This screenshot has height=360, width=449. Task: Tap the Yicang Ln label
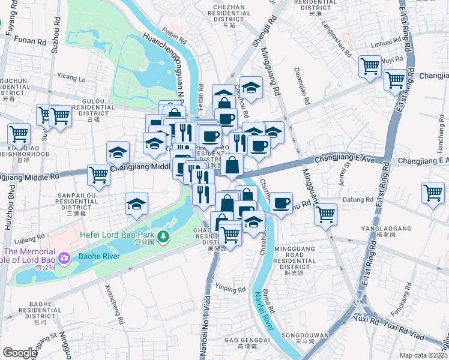click(71, 77)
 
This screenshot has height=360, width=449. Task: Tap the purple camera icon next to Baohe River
click(64, 257)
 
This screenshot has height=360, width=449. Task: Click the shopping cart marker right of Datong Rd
click(433, 193)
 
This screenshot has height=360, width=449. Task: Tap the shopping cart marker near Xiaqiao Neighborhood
click(19, 133)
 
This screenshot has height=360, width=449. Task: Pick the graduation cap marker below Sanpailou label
click(137, 204)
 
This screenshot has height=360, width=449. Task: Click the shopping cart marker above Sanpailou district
click(98, 175)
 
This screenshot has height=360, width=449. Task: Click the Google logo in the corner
click(20, 352)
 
